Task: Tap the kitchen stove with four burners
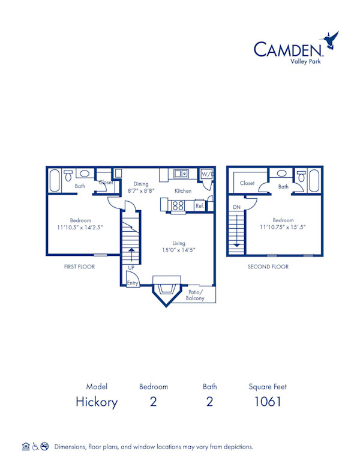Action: click(x=178, y=205)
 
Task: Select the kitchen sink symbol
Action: click(x=181, y=174)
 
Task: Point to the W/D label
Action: click(x=206, y=174)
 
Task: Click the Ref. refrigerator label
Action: click(x=200, y=206)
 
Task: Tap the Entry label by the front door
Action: click(x=132, y=282)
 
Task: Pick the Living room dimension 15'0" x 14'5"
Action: click(x=179, y=250)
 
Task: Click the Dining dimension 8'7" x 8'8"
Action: click(x=142, y=190)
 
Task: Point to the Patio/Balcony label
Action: click(x=195, y=294)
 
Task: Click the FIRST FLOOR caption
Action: click(x=79, y=267)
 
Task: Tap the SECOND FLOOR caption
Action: click(x=268, y=267)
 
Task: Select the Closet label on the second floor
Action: click(x=247, y=183)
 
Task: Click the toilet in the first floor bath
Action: click(x=68, y=175)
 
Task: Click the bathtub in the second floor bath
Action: click(x=314, y=180)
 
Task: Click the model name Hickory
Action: click(x=97, y=402)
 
